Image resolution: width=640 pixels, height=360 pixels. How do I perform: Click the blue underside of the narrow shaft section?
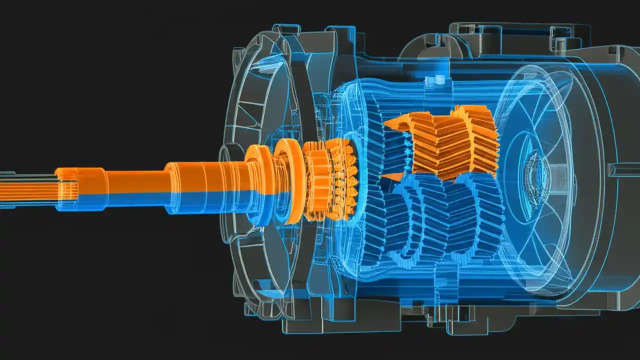(x=135, y=200)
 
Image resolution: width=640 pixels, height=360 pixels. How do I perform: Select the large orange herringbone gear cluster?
(x=450, y=142)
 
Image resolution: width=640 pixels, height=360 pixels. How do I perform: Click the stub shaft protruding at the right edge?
(x=625, y=170)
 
